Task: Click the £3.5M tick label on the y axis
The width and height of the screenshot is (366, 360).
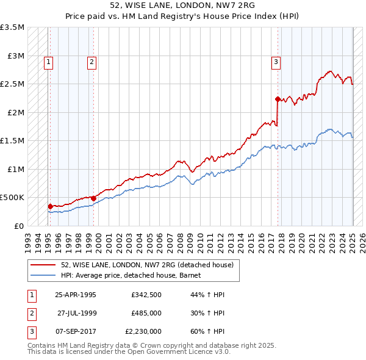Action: (12, 27)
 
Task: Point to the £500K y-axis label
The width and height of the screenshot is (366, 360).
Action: (12, 198)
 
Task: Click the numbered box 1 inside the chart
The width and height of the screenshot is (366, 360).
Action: (48, 61)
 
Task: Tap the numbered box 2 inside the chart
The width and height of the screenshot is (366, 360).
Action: (91, 61)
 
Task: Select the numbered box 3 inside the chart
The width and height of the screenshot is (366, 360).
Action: (276, 61)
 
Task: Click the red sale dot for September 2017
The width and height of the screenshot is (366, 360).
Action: (278, 99)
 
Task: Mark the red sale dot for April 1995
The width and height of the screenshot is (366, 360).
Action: (50, 206)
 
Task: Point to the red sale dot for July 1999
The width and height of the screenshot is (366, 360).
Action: (93, 198)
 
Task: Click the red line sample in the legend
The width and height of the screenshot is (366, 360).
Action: (43, 265)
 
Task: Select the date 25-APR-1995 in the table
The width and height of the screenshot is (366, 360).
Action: (76, 295)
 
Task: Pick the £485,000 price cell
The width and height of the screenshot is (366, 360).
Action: (146, 313)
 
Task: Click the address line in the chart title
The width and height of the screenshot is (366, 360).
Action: (183, 7)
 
